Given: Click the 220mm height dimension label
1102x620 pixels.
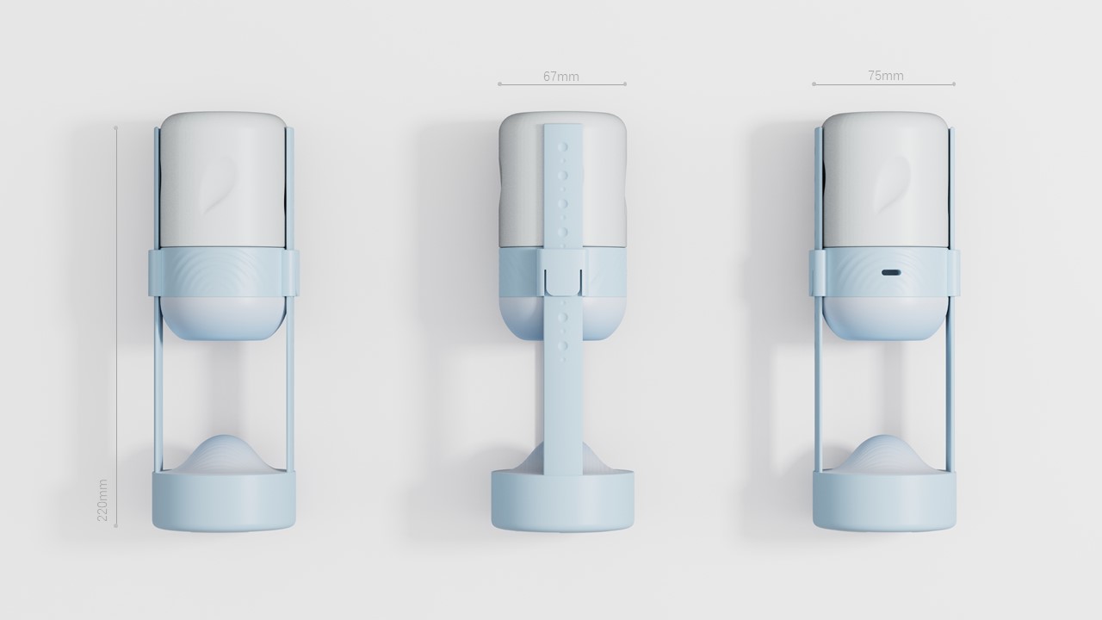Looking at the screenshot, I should (102, 499).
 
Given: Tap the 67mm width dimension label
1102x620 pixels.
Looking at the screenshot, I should (561, 77).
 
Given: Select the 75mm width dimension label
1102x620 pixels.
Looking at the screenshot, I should (885, 76).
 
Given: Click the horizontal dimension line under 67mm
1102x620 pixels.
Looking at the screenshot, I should (561, 84).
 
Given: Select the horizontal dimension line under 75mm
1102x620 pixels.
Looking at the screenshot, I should (883, 84).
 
